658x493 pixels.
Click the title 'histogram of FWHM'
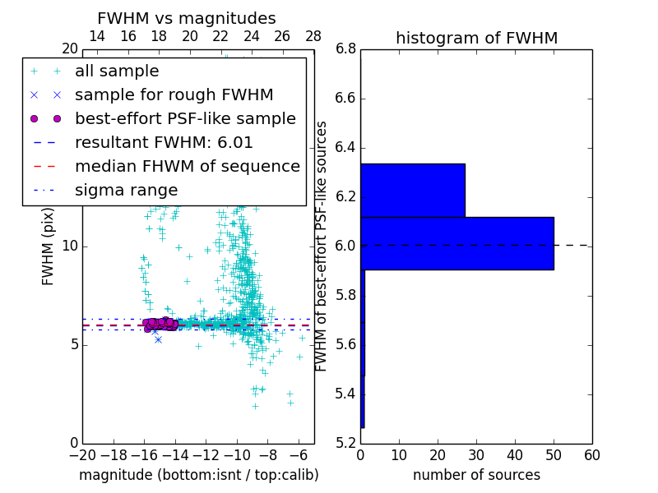click(476, 39)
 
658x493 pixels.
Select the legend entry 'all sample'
click(117, 71)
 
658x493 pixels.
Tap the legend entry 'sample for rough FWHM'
click(174, 95)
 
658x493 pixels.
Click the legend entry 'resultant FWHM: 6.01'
click(164, 143)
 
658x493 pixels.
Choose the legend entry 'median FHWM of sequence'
click(187, 167)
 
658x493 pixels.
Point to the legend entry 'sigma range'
click(126, 191)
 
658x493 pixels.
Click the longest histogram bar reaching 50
click(456, 243)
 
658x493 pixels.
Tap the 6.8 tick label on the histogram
click(346, 49)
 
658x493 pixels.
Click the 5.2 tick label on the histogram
click(346, 443)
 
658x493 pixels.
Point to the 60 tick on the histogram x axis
click(591, 454)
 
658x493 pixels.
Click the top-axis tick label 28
click(313, 37)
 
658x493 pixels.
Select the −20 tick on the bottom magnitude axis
click(82, 454)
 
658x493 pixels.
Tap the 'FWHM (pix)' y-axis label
click(49, 246)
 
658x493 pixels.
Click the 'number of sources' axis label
click(476, 475)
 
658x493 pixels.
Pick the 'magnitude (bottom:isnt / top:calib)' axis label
click(198, 475)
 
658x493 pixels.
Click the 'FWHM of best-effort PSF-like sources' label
click(322, 246)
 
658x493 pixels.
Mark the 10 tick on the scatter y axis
click(70, 246)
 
